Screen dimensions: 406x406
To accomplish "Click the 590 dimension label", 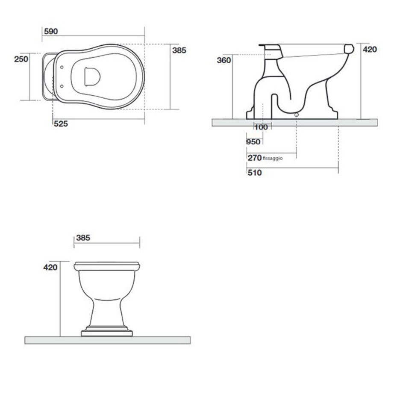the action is click(51, 31).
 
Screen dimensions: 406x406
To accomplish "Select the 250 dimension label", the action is click(21, 59).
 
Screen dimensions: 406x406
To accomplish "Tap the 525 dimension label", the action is click(61, 124).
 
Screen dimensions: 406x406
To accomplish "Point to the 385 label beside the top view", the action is click(179, 50).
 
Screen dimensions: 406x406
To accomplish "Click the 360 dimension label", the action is click(224, 60).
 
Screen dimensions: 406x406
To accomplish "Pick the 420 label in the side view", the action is click(370, 50).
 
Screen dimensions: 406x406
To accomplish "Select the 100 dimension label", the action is click(261, 127).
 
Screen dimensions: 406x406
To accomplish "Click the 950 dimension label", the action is click(253, 142).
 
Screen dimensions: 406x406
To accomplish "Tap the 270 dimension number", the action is click(255, 158).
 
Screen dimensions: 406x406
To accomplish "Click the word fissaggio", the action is click(273, 158).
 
